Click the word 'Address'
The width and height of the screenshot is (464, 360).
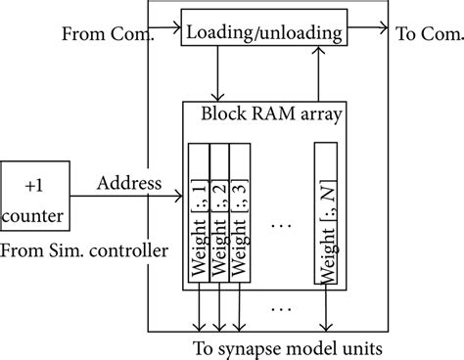pyautogui.click(x=122, y=183)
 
